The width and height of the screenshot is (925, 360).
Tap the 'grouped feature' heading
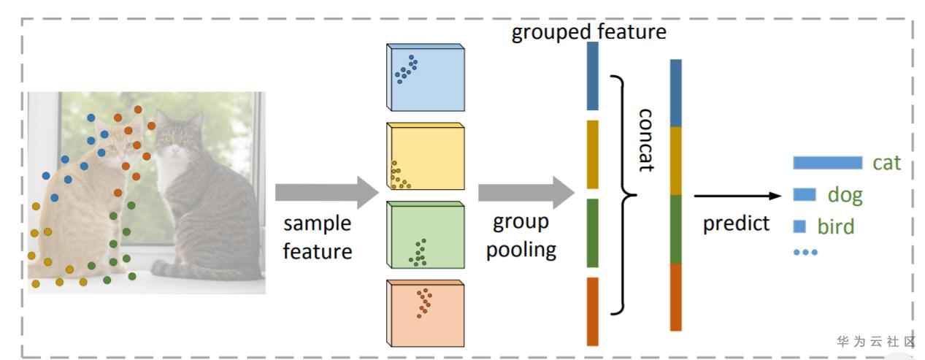click(588, 33)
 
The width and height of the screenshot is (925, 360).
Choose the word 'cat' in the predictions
click(887, 163)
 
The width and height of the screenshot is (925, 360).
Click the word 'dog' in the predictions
click(845, 195)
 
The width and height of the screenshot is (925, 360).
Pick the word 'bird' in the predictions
click(836, 226)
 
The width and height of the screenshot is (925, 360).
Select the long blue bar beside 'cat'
click(827, 163)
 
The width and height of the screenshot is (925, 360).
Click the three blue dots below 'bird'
click(805, 252)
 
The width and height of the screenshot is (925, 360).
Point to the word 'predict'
click(736, 223)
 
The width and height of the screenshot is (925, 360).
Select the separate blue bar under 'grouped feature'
click(592, 76)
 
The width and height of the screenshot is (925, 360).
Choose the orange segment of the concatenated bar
click(675, 296)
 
